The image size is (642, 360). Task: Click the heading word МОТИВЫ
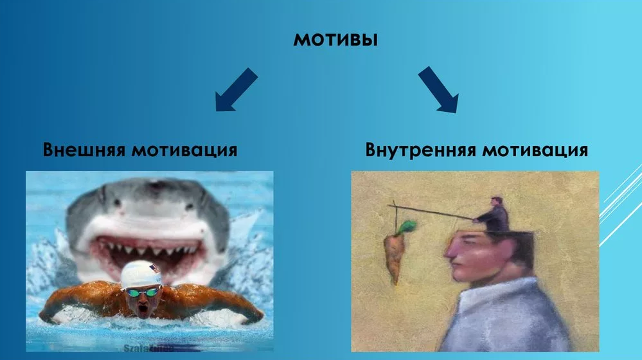(x=335, y=39)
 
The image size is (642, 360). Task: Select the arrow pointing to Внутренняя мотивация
(x=439, y=90)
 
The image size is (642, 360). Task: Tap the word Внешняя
(x=83, y=150)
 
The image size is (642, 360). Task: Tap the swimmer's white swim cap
(x=142, y=273)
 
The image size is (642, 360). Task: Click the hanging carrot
(x=393, y=254)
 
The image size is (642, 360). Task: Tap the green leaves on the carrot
(x=407, y=226)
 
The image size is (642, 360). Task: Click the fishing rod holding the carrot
(x=437, y=212)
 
